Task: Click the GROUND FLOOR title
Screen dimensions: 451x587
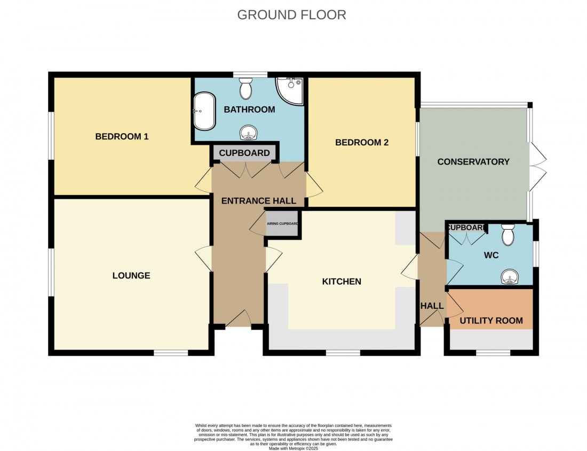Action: click(x=291, y=14)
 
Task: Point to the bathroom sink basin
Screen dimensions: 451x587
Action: click(x=248, y=133)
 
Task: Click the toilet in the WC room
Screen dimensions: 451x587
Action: click(x=508, y=234)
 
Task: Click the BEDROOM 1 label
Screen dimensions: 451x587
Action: click(x=122, y=136)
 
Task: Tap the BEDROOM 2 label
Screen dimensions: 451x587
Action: click(x=362, y=143)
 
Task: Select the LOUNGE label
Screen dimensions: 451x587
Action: click(x=131, y=276)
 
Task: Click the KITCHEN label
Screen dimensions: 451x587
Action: click(x=342, y=282)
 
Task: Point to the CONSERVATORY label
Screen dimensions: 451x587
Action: click(x=473, y=162)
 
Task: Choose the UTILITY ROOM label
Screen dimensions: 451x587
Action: click(x=491, y=321)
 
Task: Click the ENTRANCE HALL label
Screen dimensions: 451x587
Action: click(x=259, y=201)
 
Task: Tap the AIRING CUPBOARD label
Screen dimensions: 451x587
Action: click(x=282, y=224)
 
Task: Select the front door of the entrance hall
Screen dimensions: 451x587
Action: click(x=239, y=320)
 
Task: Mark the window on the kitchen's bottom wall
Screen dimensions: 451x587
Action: click(x=343, y=352)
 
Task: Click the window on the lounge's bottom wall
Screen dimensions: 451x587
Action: click(x=171, y=352)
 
